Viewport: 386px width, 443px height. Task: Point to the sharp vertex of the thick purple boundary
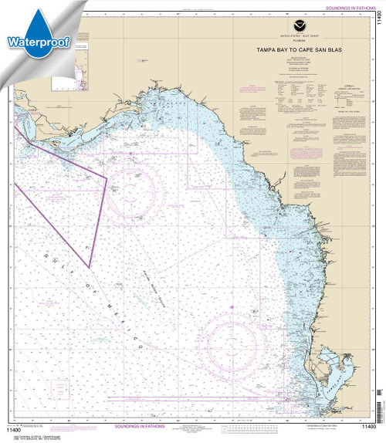click(90, 267)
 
